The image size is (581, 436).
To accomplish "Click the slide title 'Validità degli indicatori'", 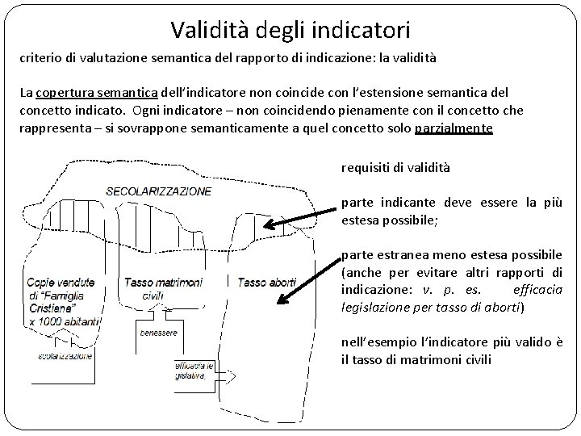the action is [290, 31].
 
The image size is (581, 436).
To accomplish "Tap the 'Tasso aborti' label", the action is [267, 283].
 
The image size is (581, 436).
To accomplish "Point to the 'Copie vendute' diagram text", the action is [60, 283].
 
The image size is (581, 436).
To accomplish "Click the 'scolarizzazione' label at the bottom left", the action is [64, 355].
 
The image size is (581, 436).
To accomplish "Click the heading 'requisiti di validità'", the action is [396, 168].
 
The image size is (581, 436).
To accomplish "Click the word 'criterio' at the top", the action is [39, 60].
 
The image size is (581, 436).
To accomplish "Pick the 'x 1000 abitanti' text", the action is [63, 321].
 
